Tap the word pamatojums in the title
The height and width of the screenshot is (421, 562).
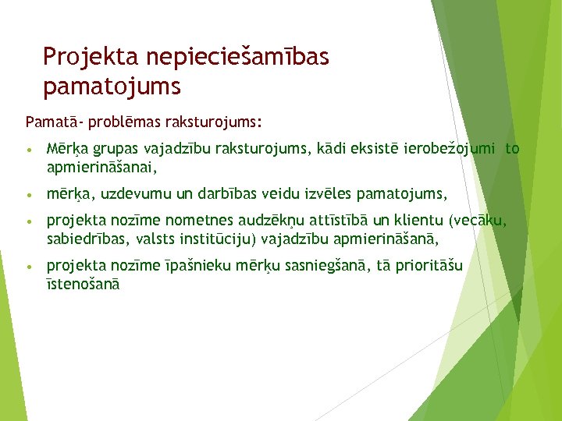pos(112,87)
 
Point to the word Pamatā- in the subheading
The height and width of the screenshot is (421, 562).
pos(52,122)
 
